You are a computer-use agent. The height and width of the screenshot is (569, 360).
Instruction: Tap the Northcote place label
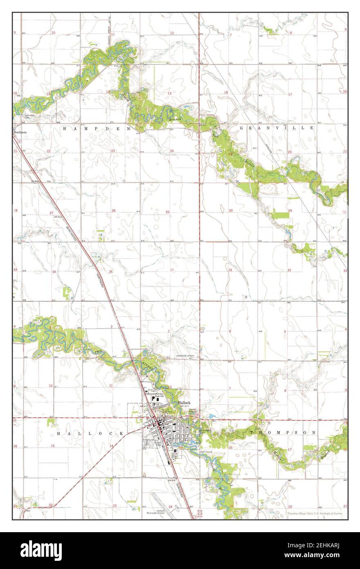[x=20, y=132]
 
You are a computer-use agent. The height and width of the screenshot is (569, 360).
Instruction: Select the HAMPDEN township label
[x=96, y=128]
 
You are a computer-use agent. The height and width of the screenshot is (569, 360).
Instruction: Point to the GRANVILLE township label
[x=277, y=128]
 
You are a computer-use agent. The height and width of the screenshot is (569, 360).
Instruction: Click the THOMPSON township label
[x=282, y=433]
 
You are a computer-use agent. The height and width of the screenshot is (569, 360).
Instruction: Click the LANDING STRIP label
[x=184, y=356]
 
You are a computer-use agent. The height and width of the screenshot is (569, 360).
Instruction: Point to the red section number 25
[x=167, y=212]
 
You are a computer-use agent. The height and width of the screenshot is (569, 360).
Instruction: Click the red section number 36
[x=172, y=269]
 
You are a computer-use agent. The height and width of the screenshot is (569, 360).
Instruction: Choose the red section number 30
[x=231, y=210]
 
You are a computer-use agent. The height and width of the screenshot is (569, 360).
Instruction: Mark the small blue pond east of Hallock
[x=211, y=416]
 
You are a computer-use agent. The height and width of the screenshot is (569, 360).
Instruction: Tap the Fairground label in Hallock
[x=148, y=440]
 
